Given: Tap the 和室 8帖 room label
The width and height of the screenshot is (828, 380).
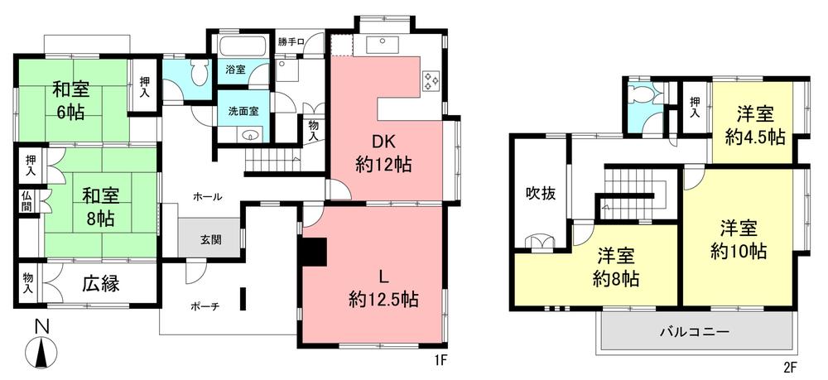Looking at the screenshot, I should tap(100, 208).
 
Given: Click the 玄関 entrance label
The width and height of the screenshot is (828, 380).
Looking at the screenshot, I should tap(210, 240).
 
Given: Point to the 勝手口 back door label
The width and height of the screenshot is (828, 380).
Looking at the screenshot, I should tap(291, 41).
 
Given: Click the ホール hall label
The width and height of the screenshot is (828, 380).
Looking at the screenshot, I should tap(206, 196).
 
